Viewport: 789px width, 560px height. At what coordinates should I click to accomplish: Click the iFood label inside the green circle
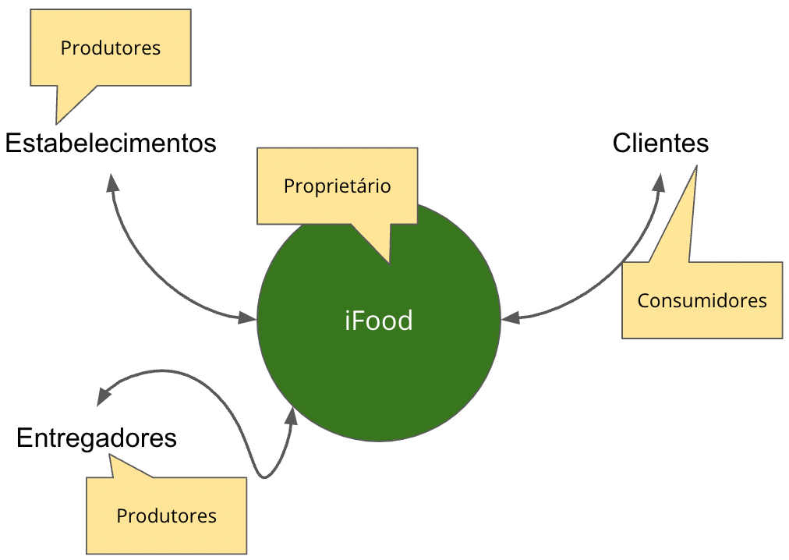pos(378,321)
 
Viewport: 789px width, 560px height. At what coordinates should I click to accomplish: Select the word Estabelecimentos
pos(111,144)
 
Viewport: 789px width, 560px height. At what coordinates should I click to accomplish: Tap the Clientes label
pos(660,144)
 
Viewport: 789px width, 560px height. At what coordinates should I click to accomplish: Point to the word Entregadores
pos(97,438)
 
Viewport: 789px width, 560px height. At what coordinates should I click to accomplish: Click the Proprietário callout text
pos(337,187)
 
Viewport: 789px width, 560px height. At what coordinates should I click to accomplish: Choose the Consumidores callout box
pos(702,300)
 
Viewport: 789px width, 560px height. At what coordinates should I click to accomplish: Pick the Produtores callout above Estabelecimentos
pos(111,48)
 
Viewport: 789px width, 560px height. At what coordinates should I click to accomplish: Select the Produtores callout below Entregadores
pos(166,516)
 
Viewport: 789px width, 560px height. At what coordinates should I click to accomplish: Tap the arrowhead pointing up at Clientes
pos(660,183)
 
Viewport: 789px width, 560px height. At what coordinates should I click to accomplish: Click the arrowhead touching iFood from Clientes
pos(511,318)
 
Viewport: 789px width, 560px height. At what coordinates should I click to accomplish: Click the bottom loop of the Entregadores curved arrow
pos(266,474)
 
